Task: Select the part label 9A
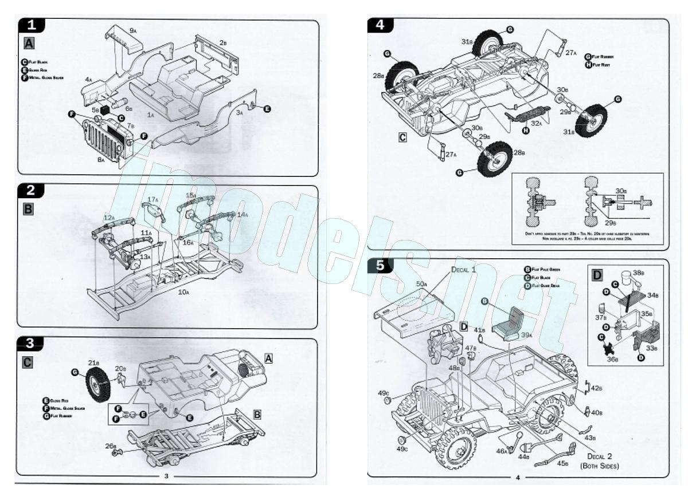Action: coord(132,29)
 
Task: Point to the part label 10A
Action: coord(183,293)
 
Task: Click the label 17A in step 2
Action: coord(153,199)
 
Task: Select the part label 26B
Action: coord(111,446)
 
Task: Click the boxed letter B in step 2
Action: coord(28,209)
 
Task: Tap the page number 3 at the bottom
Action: coord(166,476)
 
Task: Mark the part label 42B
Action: coord(596,388)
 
